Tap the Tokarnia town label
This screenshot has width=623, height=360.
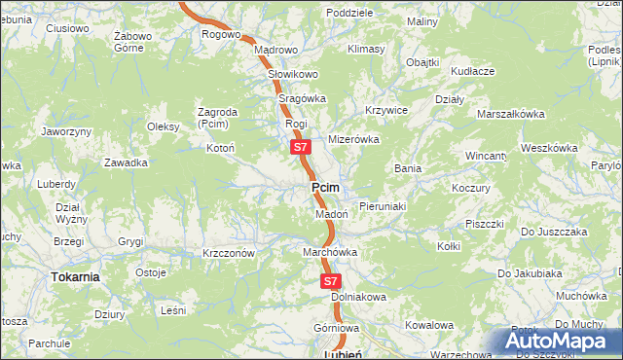[75, 277]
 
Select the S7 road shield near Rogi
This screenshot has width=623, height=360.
[301, 148]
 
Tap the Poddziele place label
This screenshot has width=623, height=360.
[350, 13]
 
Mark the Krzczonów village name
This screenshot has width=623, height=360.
[229, 253]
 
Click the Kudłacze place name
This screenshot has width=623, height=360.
[473, 71]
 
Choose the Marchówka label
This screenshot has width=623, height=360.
[330, 252]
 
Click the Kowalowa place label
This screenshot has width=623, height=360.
[429, 325]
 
